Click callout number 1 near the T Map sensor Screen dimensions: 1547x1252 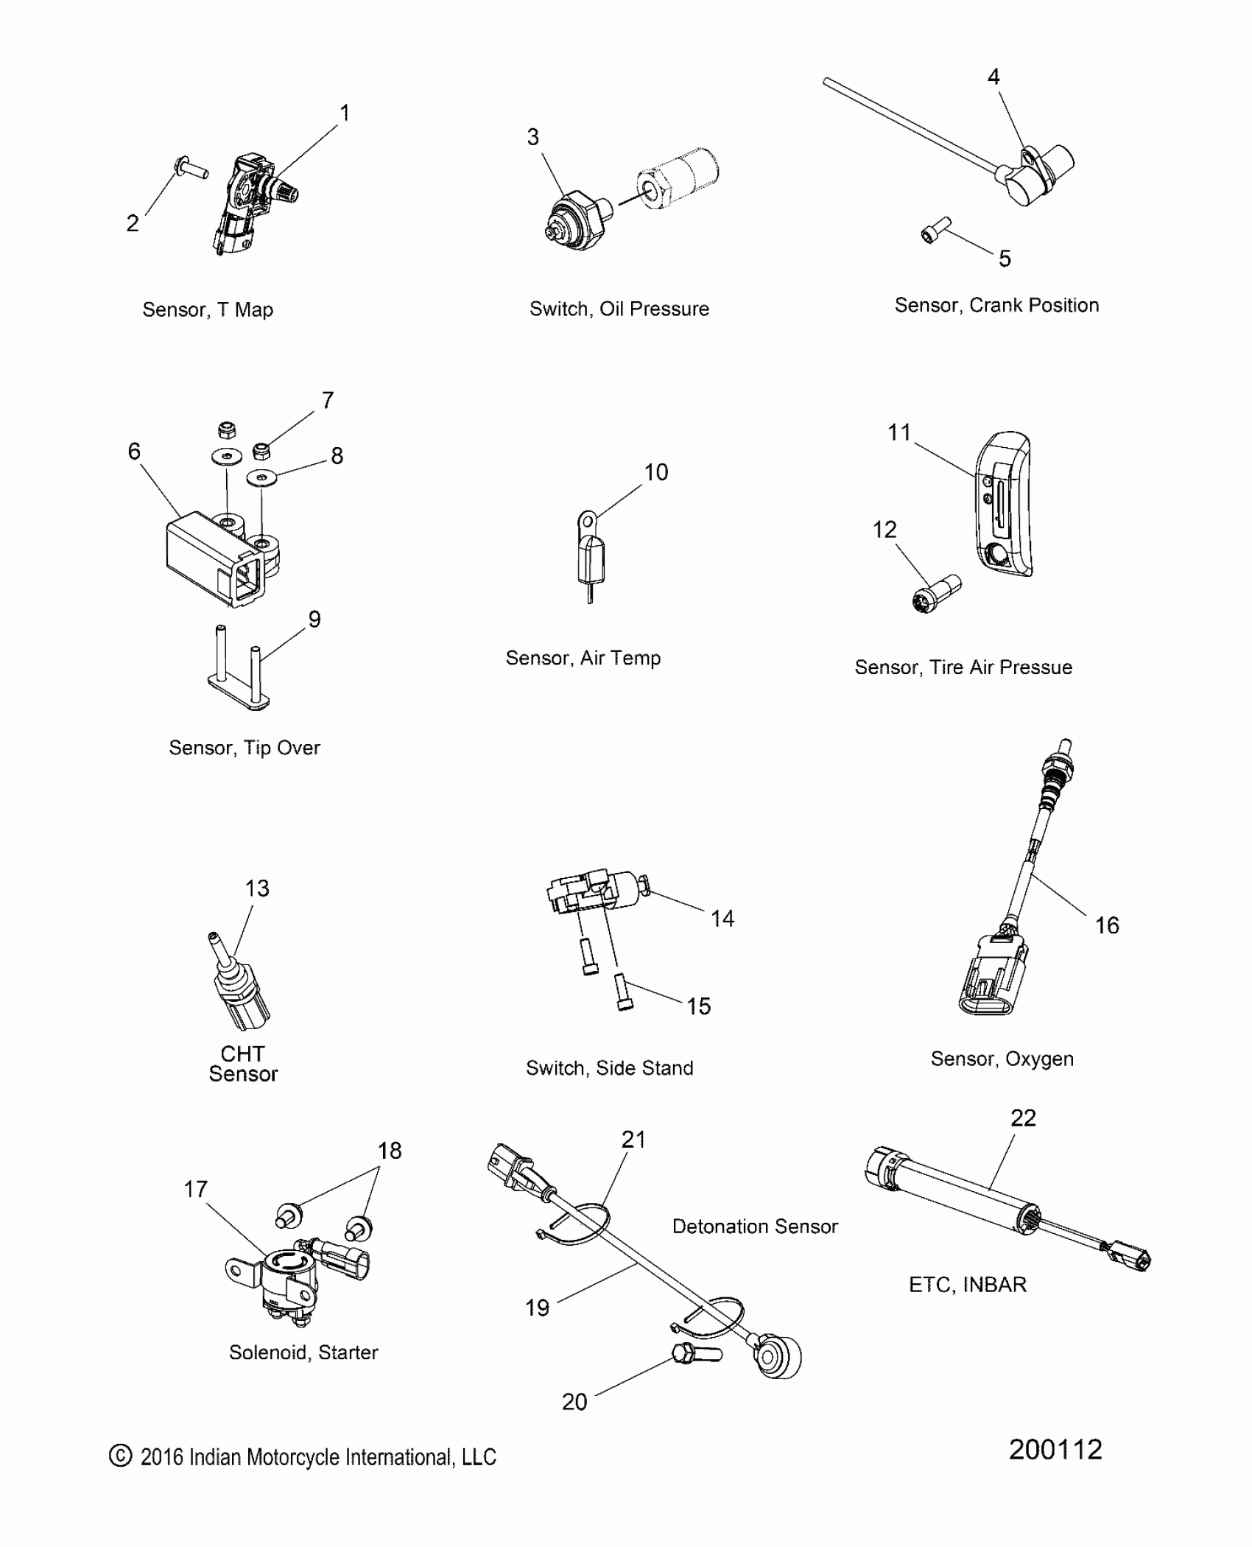[344, 113]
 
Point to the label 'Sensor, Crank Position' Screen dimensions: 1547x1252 [996, 306]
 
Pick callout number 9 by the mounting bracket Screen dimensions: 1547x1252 [314, 620]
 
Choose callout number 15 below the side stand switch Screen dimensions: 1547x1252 [699, 1006]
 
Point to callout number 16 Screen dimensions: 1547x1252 [1106, 925]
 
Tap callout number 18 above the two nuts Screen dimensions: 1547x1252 [390, 1151]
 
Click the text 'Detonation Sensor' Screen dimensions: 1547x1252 [755, 1227]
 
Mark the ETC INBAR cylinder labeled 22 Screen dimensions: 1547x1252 [957, 1199]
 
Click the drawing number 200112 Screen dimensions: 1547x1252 [1055, 1450]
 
